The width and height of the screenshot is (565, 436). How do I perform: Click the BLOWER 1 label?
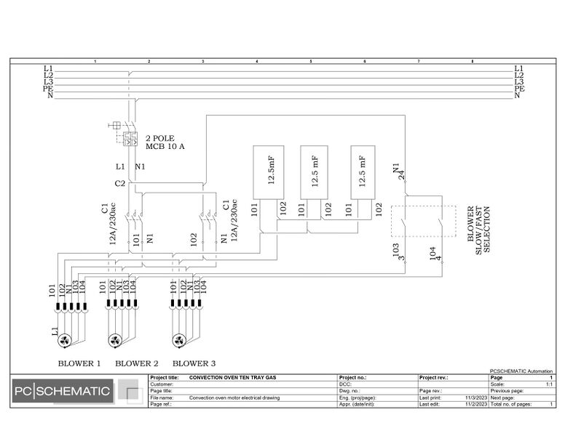click(79, 363)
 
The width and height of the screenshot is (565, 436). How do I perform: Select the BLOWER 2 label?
click(136, 363)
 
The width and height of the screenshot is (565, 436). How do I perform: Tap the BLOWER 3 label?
click(194, 363)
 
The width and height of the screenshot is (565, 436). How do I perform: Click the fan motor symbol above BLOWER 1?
click(64, 340)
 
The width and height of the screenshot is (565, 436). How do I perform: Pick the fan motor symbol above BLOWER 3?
click(178, 340)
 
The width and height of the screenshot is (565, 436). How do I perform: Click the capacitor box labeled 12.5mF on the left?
click(267, 172)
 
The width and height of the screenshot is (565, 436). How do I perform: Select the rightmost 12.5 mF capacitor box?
click(365, 172)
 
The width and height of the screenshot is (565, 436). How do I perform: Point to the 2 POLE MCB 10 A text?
click(165, 142)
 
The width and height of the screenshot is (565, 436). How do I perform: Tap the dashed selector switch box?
click(423, 221)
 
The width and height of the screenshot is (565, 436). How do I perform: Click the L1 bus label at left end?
click(49, 68)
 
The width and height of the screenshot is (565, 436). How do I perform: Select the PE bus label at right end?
click(519, 89)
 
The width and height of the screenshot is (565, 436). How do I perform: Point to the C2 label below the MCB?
click(120, 184)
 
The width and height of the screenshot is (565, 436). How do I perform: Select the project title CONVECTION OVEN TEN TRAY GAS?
click(232, 378)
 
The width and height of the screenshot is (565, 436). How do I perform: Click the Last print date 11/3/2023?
click(475, 398)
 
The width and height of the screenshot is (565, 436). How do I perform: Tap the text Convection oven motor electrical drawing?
click(234, 398)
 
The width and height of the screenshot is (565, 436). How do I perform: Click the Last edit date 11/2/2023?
click(475, 404)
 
